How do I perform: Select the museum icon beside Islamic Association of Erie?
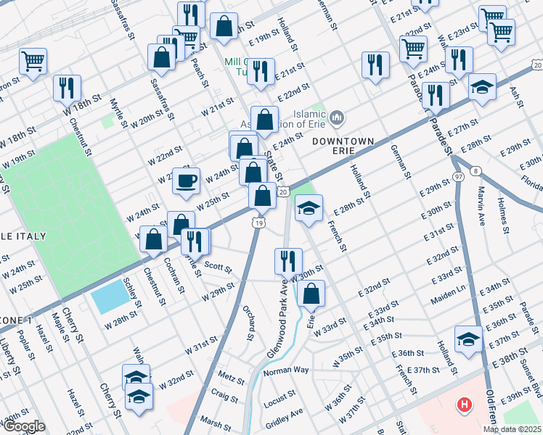[x=335, y=117]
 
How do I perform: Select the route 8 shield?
[x=475, y=171]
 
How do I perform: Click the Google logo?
[x=23, y=426]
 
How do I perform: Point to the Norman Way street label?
[x=286, y=370]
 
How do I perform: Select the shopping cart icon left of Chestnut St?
[x=33, y=61]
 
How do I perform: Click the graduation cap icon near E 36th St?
[x=468, y=339]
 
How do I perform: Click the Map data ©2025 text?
[x=511, y=429]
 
